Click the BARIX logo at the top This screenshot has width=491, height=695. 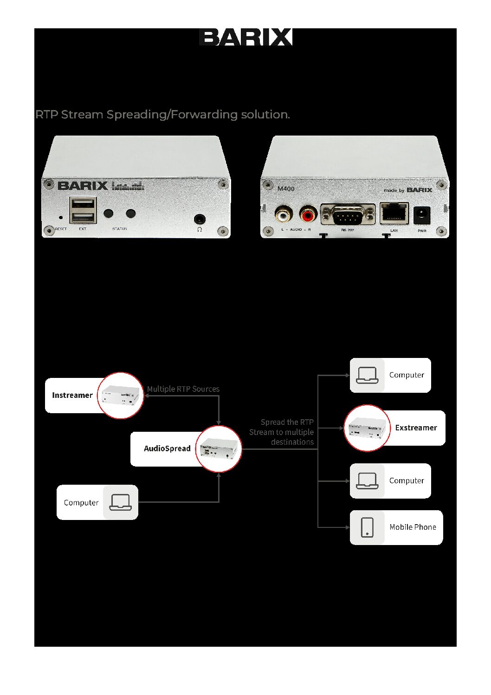pyautogui.click(x=245, y=37)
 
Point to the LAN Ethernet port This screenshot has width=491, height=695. pyautogui.click(x=394, y=214)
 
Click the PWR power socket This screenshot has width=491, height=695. pyautogui.click(x=421, y=215)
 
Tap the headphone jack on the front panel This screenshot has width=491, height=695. pyautogui.click(x=200, y=219)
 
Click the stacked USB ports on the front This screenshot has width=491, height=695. pyautogui.click(x=83, y=210)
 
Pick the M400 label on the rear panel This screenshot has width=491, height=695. pyautogui.click(x=286, y=188)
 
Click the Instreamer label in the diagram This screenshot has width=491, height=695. pyautogui.click(x=72, y=395)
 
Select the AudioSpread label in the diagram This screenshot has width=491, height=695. pyautogui.click(x=167, y=448)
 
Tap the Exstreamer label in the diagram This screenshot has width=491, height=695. pyautogui.click(x=416, y=428)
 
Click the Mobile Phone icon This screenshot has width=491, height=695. pyautogui.click(x=367, y=527)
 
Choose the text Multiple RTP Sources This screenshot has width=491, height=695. pyautogui.click(x=183, y=389)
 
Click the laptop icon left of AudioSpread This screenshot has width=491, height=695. pyautogui.click(x=120, y=502)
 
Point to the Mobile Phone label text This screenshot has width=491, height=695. pyautogui.click(x=413, y=527)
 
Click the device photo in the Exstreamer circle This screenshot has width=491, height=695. pyautogui.click(x=367, y=428)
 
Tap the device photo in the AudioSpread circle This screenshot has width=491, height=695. pyautogui.click(x=218, y=449)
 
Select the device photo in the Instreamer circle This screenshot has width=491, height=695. pyautogui.click(x=121, y=396)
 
